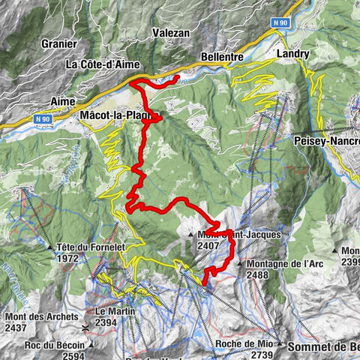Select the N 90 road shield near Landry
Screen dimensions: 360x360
coord(281,23)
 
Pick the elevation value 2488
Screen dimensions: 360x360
coord(257,275)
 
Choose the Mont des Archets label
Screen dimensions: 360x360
coord(41,317)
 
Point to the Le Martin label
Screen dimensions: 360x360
coord(110,311)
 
